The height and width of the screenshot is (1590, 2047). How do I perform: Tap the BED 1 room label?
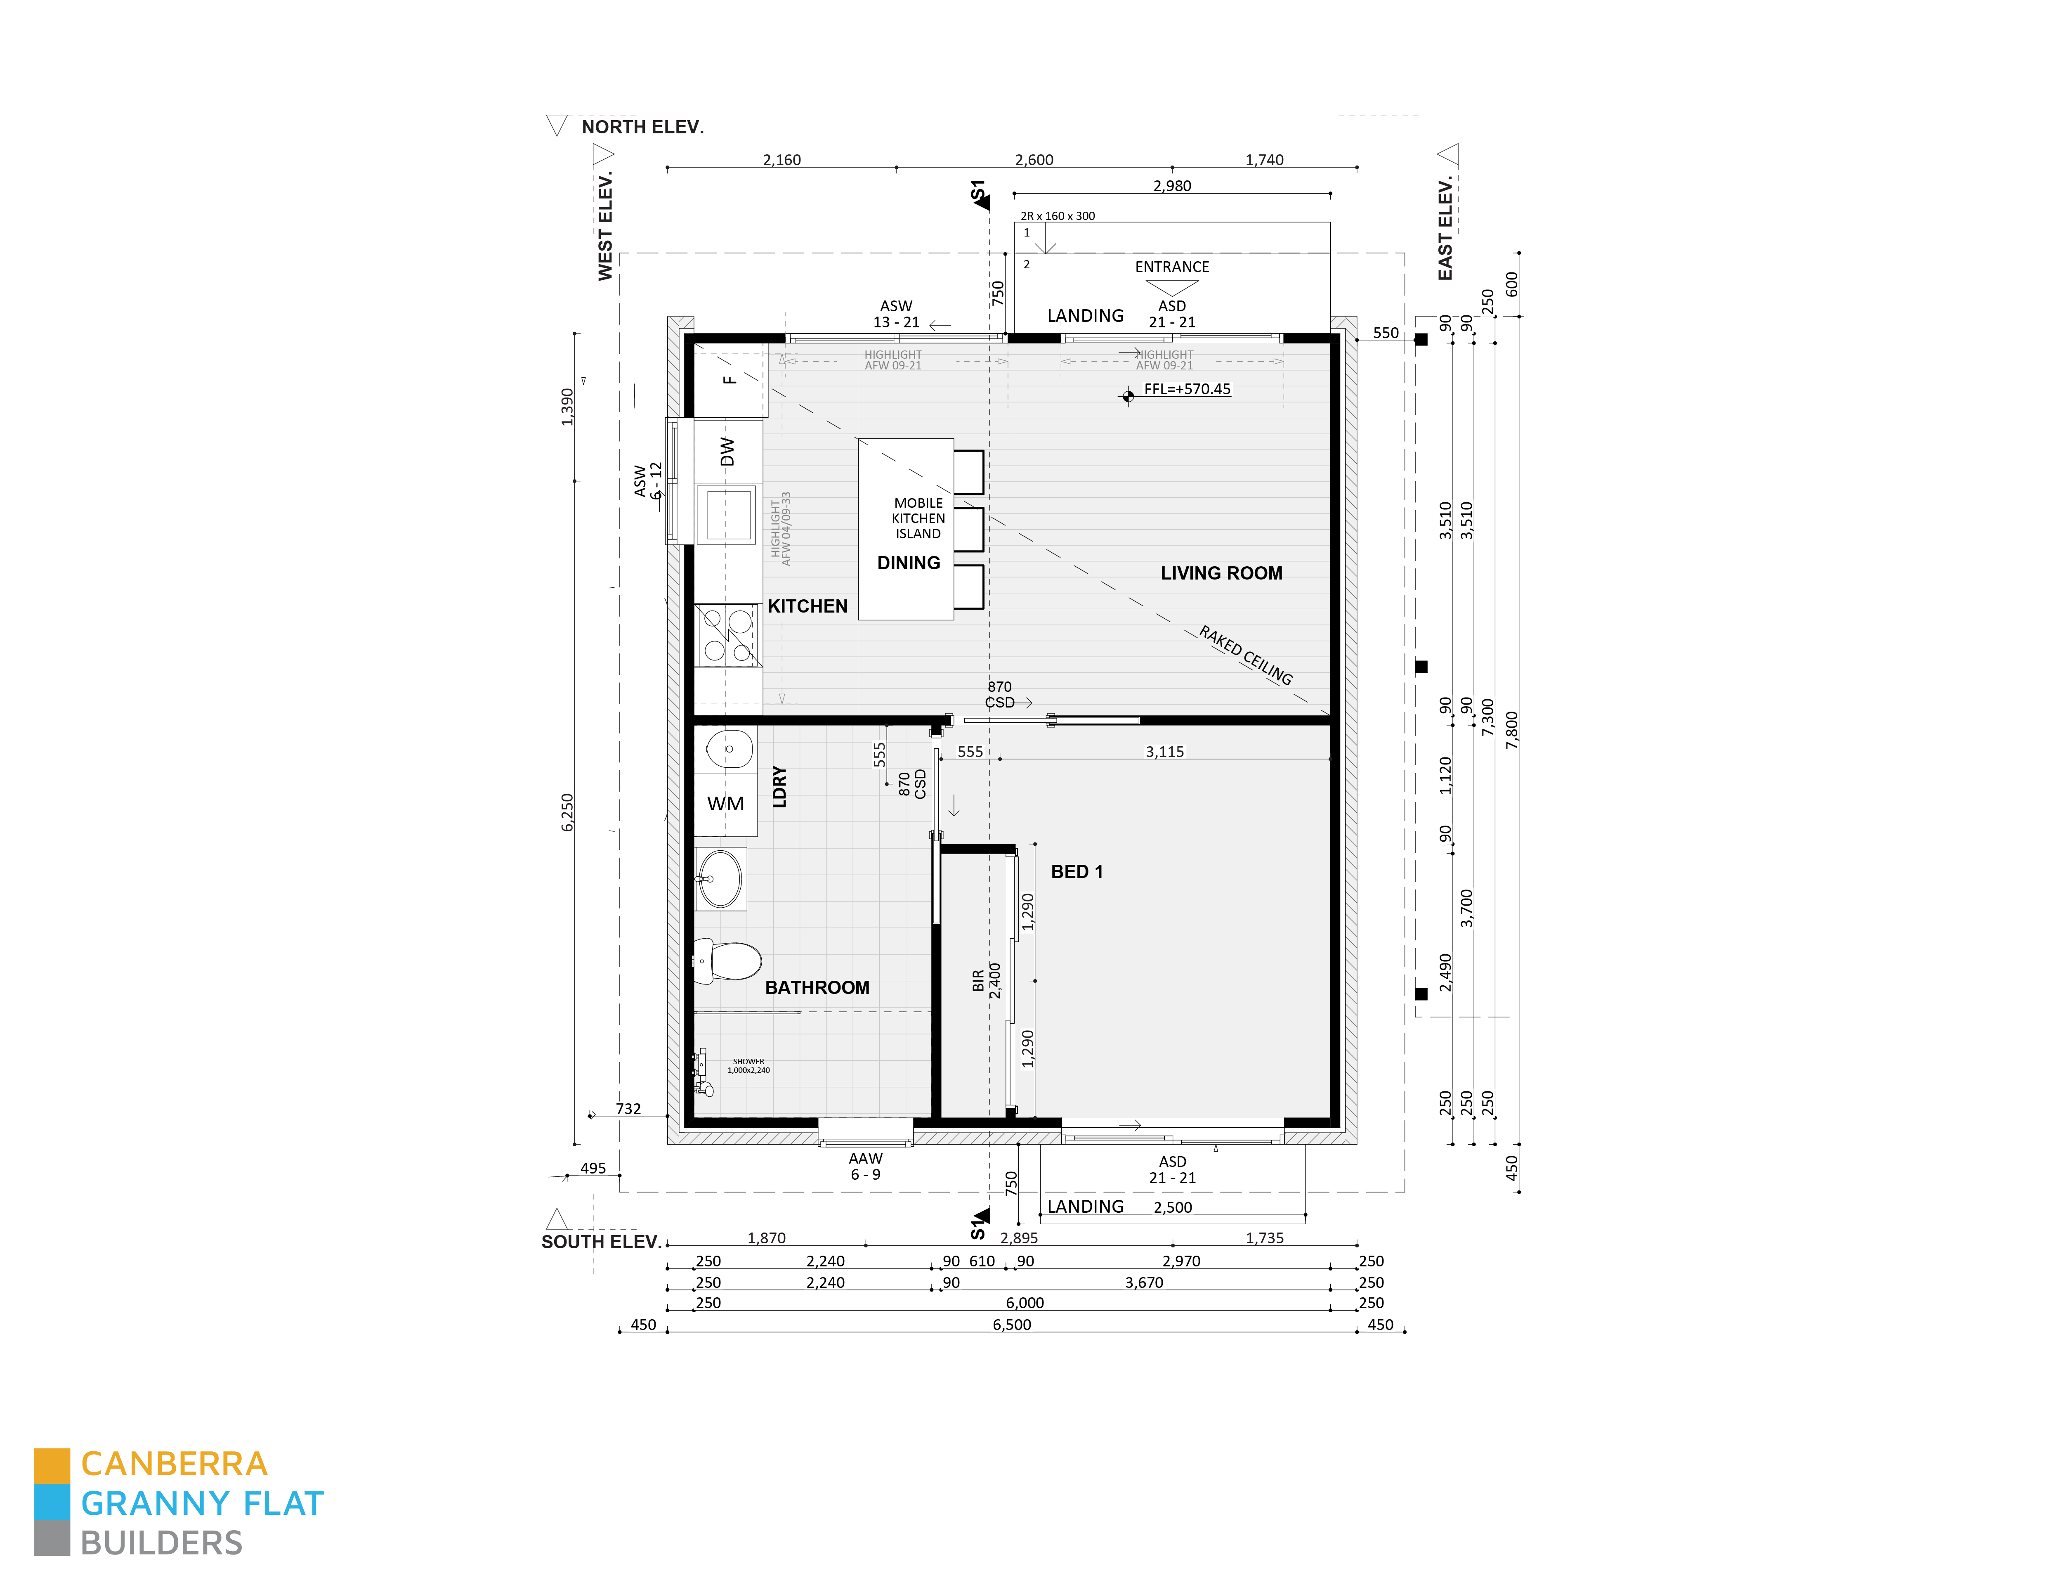(x=1076, y=872)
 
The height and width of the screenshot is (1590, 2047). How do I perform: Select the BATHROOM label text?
(x=816, y=987)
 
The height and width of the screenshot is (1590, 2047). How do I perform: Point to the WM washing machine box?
(x=725, y=803)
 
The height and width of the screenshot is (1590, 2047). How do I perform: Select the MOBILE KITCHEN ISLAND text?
(x=918, y=518)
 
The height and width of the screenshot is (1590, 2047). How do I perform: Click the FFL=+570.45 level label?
(x=1187, y=389)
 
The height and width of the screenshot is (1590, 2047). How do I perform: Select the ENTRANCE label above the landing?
(x=1171, y=267)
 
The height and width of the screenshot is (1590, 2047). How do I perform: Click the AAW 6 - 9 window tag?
(x=865, y=1166)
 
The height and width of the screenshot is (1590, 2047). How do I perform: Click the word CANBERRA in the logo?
(x=175, y=1465)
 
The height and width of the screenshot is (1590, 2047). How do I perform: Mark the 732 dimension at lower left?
(x=628, y=1109)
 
